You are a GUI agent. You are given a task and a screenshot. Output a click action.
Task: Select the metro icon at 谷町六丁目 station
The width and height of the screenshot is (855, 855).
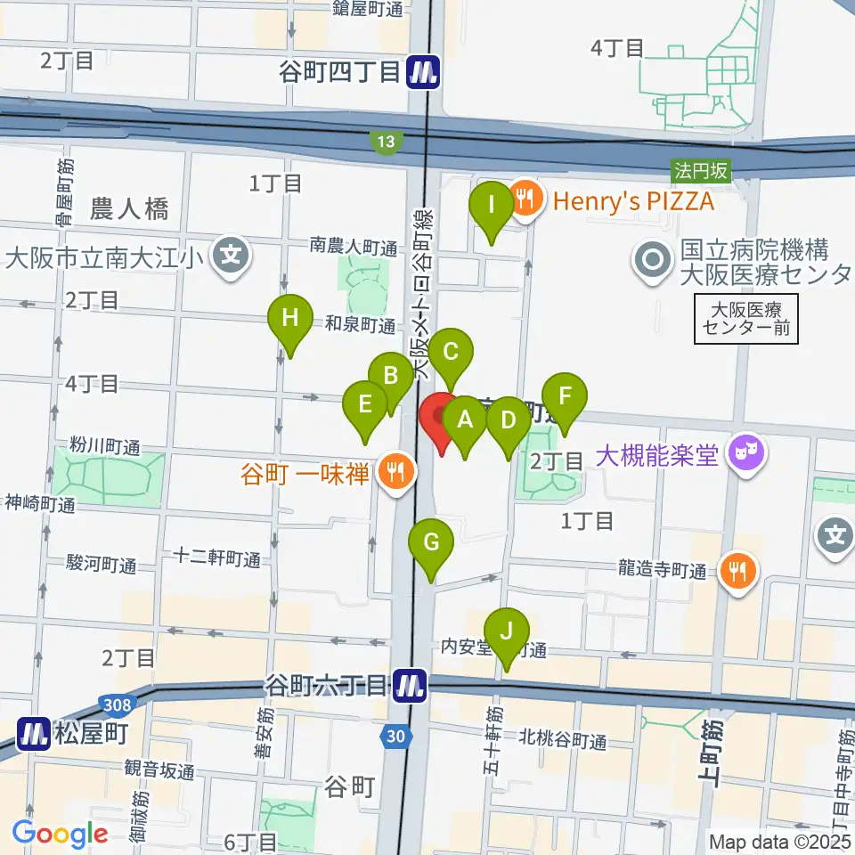coord(411,686)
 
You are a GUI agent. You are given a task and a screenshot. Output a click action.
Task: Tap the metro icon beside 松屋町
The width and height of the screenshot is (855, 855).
coord(34,734)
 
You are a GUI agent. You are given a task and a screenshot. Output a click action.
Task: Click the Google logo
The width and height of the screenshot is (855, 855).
coord(60,835)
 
